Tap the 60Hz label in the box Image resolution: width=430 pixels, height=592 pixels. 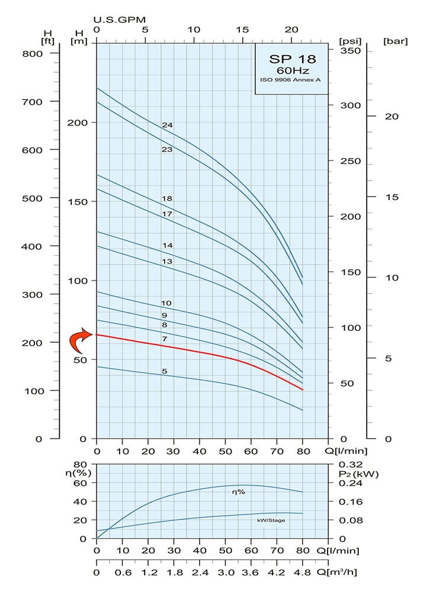tap(293, 70)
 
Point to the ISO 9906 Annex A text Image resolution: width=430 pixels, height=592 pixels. tap(293, 80)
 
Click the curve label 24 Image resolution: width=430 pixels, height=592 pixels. tap(167, 125)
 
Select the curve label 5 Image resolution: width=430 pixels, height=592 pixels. tap(165, 371)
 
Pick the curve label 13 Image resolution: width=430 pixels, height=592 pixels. tap(167, 261)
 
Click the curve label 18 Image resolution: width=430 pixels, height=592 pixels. tap(167, 198)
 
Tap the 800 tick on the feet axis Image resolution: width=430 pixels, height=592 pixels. tap(33, 53)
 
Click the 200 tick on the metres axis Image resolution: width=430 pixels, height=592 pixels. tap(79, 123)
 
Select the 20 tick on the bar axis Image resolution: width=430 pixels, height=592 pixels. tap(391, 116)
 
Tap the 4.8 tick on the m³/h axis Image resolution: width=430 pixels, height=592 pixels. tap(302, 572)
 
